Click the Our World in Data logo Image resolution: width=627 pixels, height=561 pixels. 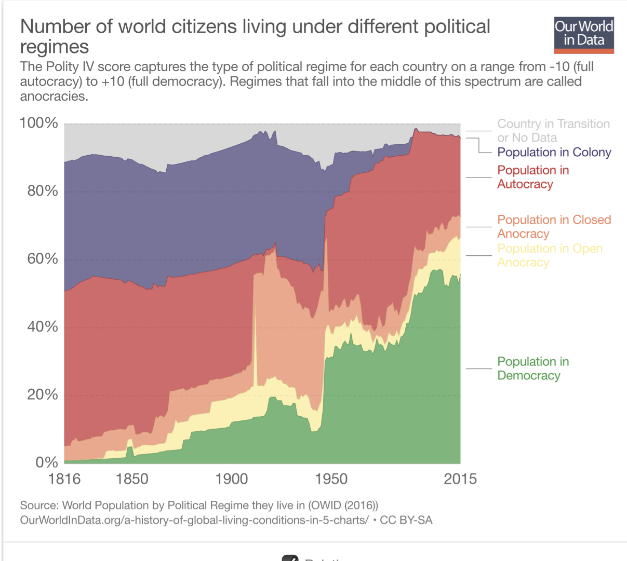tap(583, 35)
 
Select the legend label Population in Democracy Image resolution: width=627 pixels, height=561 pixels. tap(532, 368)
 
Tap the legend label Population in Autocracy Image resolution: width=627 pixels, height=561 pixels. tap(532, 177)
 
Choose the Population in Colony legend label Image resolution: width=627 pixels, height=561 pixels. tap(554, 152)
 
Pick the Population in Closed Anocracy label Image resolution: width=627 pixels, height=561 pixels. tap(554, 227)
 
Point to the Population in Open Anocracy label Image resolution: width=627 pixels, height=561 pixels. tap(550, 255)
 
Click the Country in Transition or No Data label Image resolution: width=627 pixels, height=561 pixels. tap(553, 131)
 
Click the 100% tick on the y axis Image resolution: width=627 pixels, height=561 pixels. tap(39, 123)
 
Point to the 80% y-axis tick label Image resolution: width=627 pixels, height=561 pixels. tap(42, 191)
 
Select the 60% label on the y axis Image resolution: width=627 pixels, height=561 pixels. tap(42, 259)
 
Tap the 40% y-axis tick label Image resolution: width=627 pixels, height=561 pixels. tap(42, 327)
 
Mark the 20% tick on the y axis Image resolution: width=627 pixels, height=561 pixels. tap(42, 395)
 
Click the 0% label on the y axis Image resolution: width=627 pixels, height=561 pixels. tap(46, 462)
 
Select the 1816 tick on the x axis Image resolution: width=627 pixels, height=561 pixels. tap(64, 479)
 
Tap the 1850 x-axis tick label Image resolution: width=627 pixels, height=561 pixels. tap(132, 479)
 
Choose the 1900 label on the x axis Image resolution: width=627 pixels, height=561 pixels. tap(232, 479)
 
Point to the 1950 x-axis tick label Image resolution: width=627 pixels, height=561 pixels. tap(331, 479)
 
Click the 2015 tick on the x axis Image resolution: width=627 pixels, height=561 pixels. tap(460, 479)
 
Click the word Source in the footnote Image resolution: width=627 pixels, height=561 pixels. tap(38, 505)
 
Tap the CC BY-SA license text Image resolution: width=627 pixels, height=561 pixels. tap(406, 520)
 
